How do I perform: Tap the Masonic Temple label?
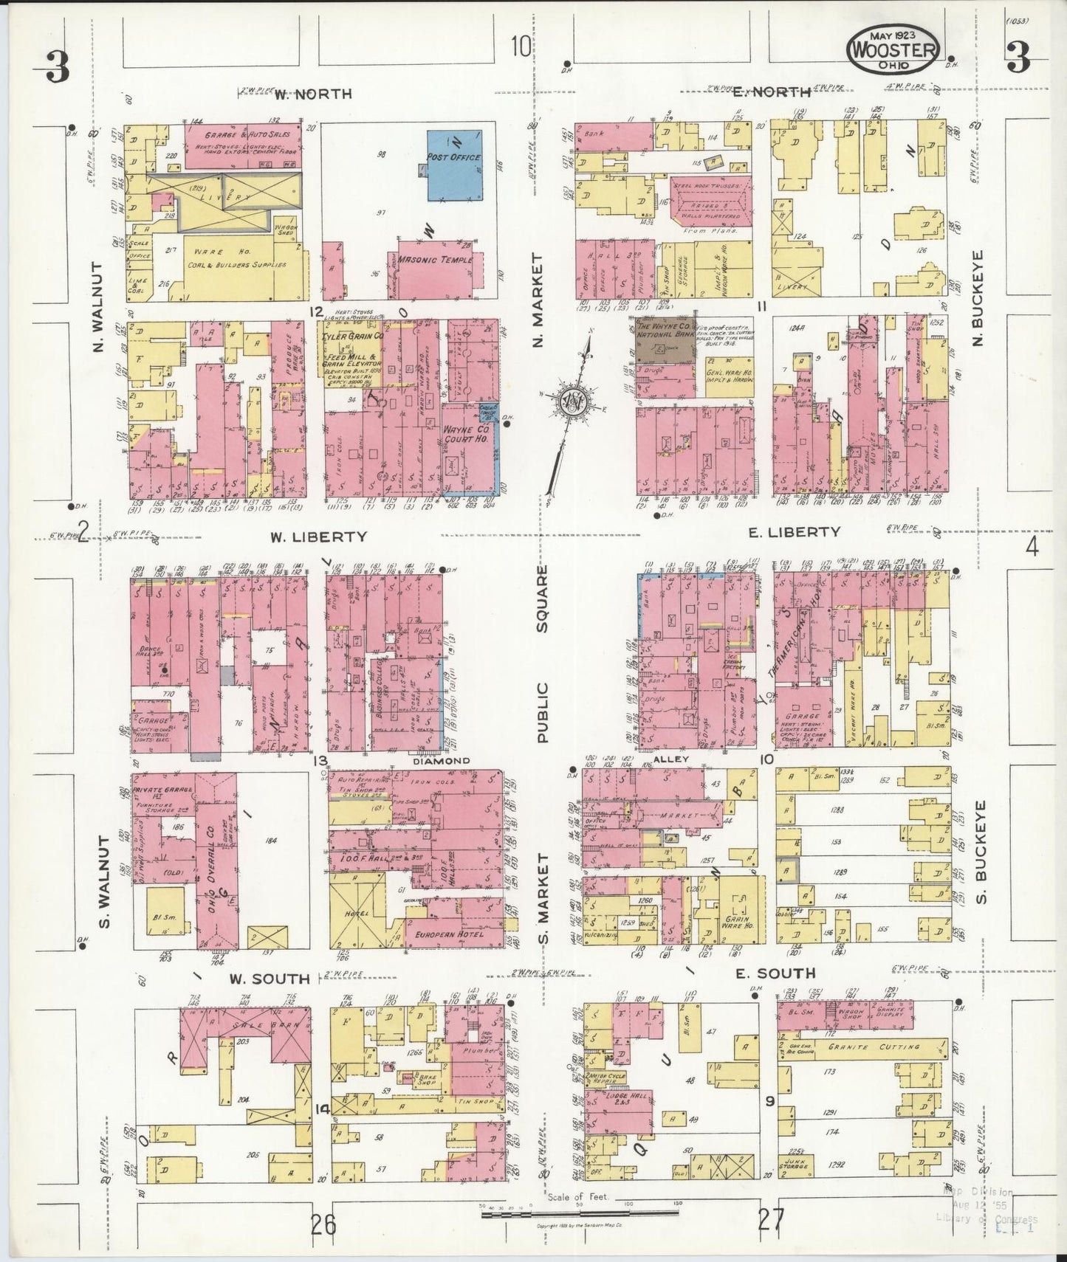click(x=430, y=260)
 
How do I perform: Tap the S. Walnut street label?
click(x=103, y=882)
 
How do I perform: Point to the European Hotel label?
click(x=449, y=934)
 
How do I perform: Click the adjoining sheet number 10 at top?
click(x=520, y=48)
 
